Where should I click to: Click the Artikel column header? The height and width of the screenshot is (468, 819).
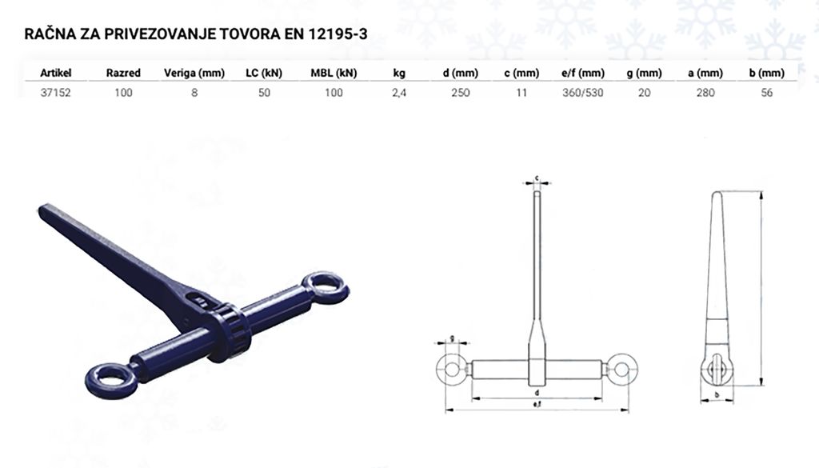point(55,73)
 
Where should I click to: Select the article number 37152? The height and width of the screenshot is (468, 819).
point(55,93)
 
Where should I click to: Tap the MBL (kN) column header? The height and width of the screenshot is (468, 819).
point(334,73)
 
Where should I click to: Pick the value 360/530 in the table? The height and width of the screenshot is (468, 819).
point(583,93)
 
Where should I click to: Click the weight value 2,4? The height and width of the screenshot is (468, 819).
point(399,93)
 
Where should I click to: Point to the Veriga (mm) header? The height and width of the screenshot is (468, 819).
point(194,73)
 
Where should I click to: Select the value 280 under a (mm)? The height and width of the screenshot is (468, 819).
point(705,93)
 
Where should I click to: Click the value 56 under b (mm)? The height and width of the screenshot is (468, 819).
point(767,93)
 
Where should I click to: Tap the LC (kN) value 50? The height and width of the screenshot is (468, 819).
point(264,93)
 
